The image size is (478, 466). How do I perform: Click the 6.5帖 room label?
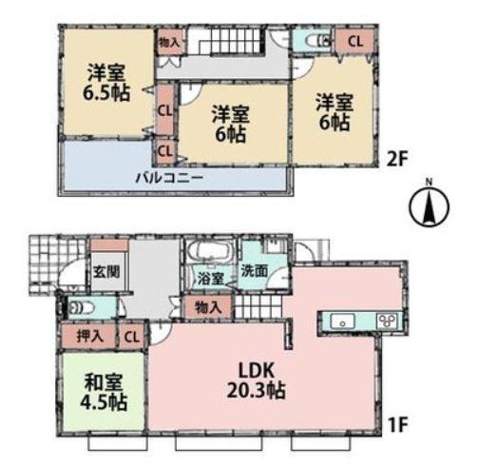105,83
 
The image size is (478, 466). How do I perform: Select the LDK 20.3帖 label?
256,379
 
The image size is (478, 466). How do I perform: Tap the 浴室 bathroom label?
210,281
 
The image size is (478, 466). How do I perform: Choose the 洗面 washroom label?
253,269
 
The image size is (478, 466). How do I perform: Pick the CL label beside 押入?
131,335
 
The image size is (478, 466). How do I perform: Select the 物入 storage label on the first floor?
208,306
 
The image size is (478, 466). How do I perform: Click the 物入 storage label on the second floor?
168,42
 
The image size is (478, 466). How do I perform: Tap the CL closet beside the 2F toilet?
353,41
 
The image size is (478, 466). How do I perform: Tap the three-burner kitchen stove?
388,320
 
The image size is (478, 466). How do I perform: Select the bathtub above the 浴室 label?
206,253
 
